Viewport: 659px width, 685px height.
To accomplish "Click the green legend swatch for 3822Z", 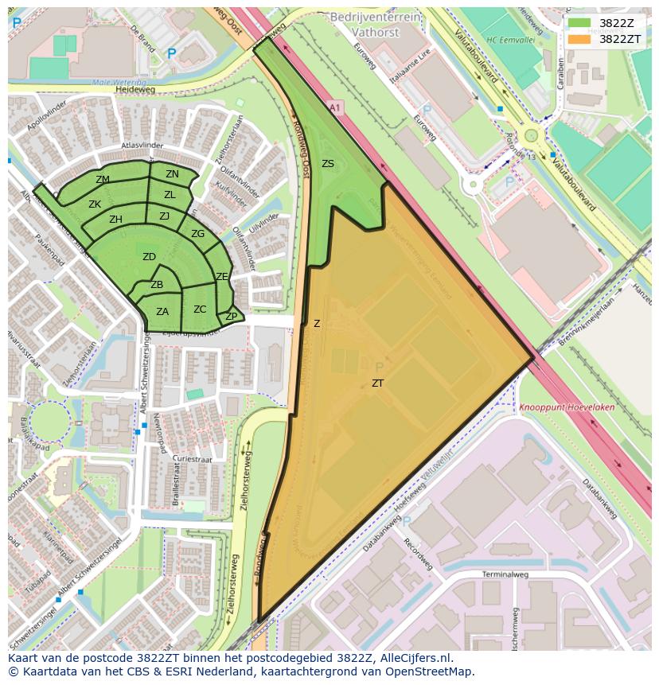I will [x=579, y=23].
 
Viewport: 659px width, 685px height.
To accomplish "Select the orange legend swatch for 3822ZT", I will [x=579, y=39].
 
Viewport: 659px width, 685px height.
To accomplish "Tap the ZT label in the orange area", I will [x=377, y=383].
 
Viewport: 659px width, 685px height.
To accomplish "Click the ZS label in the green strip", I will [x=328, y=164].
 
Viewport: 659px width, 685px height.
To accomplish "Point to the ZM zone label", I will [x=103, y=180].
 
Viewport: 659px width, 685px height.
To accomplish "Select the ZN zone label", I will [x=172, y=174].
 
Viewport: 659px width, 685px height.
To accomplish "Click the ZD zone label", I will [x=149, y=257].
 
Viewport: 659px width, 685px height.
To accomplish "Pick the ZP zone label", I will [x=231, y=317].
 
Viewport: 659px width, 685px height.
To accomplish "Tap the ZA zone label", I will [x=162, y=312].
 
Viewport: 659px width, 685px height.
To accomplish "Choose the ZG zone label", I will [x=197, y=234].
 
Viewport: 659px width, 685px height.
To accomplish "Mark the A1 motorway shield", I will [x=333, y=106].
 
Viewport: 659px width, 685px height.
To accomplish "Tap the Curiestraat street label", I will [x=197, y=459].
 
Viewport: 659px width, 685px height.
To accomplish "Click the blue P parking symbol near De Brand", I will [x=171, y=54].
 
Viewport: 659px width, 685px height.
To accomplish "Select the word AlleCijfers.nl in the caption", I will [x=414, y=658].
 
